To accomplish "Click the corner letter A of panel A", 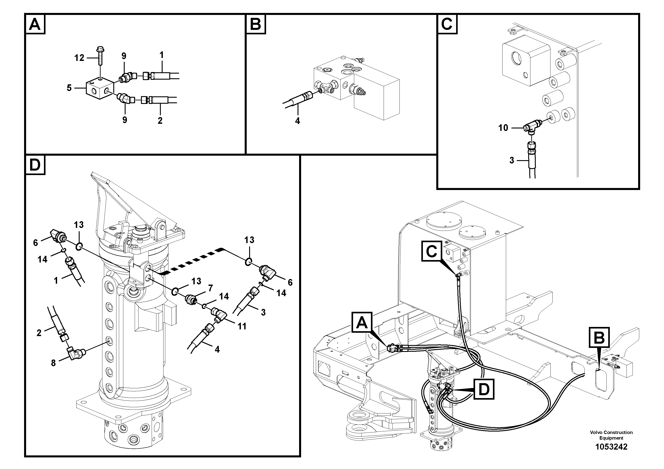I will [35, 25].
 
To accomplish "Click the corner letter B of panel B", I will [256, 25].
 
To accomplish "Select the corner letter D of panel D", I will [35, 165].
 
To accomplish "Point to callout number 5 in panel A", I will [69, 88].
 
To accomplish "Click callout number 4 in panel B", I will [297, 121].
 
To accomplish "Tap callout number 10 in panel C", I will [503, 128].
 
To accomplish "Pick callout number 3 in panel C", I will [512, 161].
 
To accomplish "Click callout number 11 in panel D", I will [242, 326].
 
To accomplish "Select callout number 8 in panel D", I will [54, 363].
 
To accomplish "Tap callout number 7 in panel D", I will [210, 288].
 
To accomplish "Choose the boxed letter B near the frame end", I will [599, 337].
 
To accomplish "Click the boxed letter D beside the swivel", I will [484, 389].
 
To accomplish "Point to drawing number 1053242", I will [611, 447].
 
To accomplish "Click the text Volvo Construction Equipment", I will [611, 435].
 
